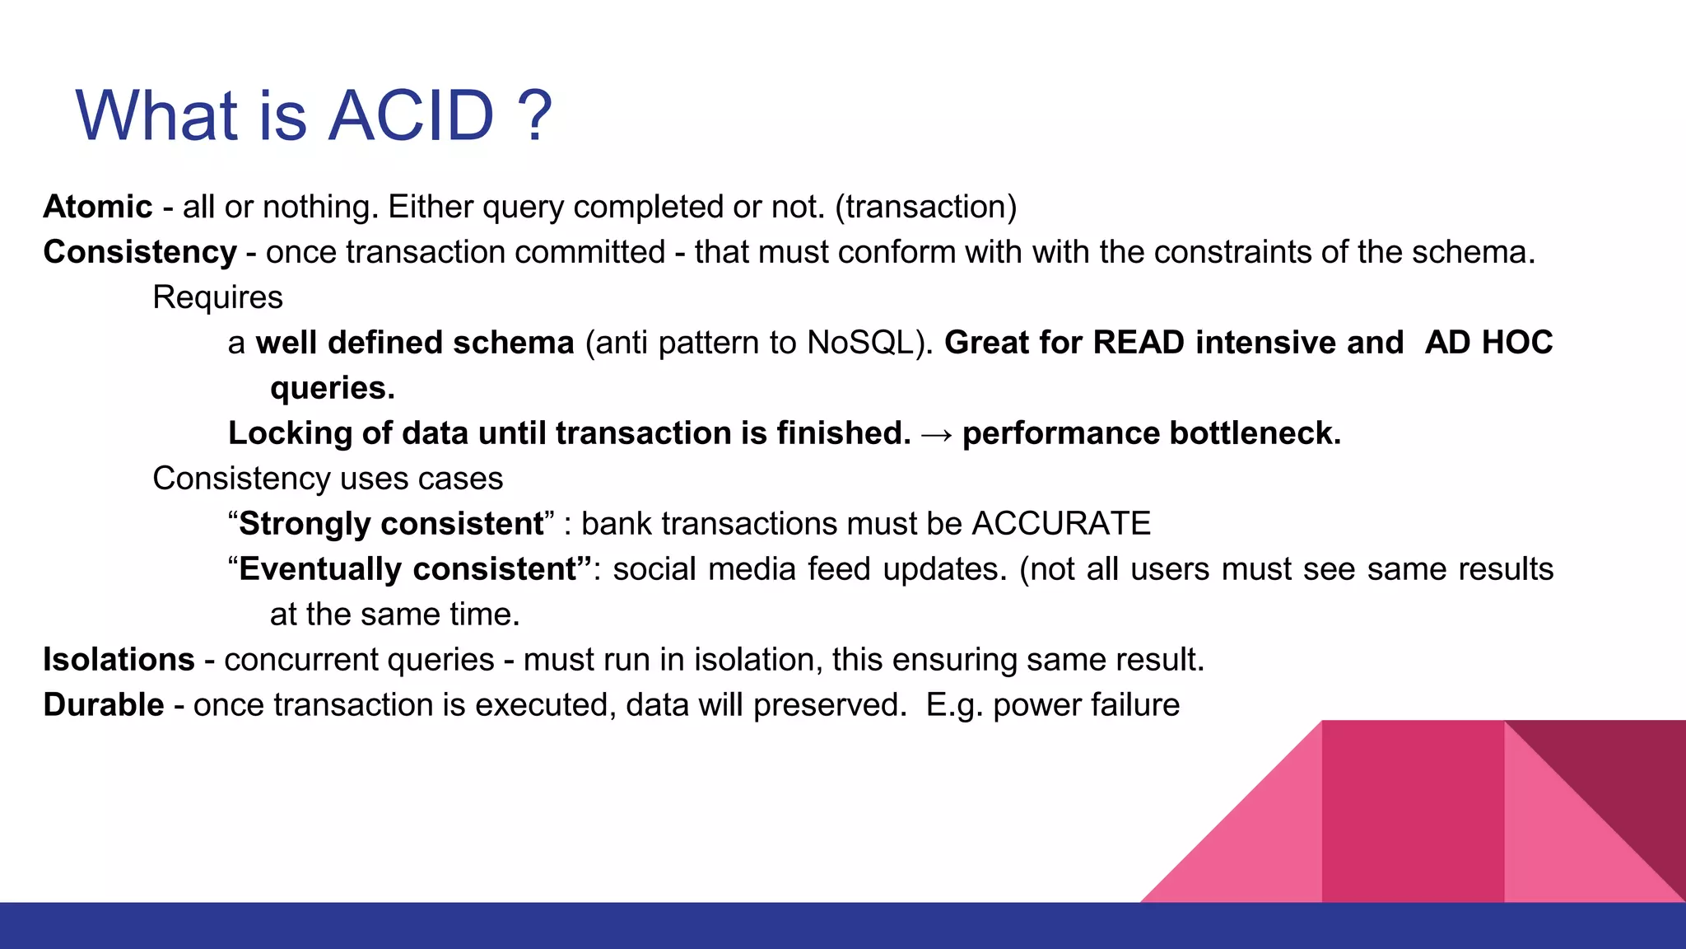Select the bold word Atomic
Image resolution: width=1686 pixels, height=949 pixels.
97,207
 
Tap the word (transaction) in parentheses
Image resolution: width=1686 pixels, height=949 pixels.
925,207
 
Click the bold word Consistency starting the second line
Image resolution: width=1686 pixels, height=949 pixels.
140,252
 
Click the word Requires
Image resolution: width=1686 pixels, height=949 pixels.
217,297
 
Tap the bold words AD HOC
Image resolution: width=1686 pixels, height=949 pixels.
1488,343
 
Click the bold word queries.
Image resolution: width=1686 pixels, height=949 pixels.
331,388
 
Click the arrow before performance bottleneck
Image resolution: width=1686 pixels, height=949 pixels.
936,434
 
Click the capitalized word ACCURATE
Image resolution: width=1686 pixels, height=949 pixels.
1061,524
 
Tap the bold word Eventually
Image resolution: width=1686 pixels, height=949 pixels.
319,569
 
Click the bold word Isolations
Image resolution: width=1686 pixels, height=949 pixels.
119,660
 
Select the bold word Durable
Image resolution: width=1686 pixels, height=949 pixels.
104,705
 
